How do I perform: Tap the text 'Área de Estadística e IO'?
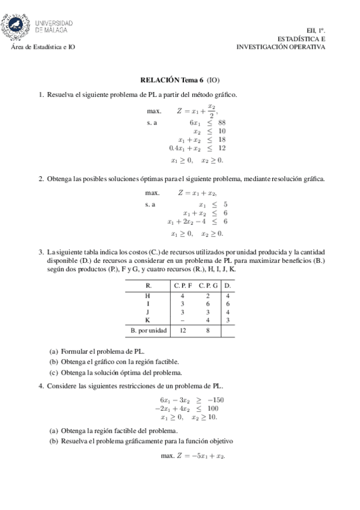pos(44,46)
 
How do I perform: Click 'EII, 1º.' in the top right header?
pos(314,29)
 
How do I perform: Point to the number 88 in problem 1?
pos(221,122)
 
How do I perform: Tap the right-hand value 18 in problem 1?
pos(221,139)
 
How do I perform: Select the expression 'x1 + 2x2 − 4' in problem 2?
pos(189,221)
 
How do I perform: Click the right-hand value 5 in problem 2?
pos(225,204)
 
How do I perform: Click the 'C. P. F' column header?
pos(183,286)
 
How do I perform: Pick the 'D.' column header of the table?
pos(228,286)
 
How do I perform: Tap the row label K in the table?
pos(148,320)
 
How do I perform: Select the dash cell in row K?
pos(183,320)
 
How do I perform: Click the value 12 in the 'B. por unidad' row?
pos(183,330)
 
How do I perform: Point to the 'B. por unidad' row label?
pos(148,330)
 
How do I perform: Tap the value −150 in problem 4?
pos(217,399)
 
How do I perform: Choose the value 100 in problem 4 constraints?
pos(217,408)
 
